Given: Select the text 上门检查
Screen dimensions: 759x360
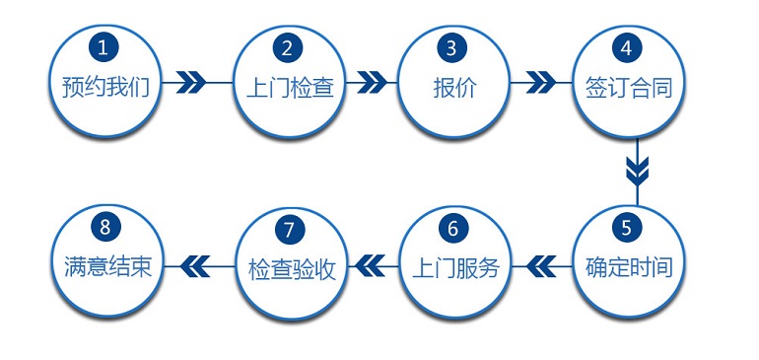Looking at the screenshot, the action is [x=288, y=87].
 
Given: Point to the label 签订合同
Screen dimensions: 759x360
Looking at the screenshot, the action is [x=627, y=87].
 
